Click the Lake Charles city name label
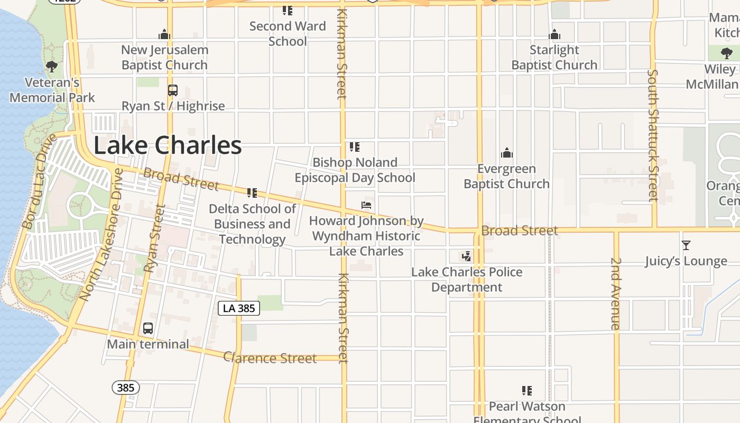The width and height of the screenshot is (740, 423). [168, 145]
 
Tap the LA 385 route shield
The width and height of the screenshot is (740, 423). [239, 308]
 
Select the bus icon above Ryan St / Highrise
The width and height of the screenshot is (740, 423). [173, 90]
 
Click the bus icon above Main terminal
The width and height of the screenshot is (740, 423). [148, 328]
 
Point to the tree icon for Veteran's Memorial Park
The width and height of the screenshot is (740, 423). [52, 67]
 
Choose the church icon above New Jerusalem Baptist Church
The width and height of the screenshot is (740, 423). [164, 35]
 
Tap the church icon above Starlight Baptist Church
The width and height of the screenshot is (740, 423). [554, 35]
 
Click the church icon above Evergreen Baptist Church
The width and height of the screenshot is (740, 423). [507, 153]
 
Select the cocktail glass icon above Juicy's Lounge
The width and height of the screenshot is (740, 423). [686, 245]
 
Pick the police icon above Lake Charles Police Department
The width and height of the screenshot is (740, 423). [466, 257]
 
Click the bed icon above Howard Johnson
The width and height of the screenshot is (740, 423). [366, 205]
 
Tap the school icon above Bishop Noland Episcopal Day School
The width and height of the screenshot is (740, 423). [355, 147]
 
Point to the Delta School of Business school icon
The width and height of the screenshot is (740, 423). [252, 193]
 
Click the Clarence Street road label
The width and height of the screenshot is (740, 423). [270, 358]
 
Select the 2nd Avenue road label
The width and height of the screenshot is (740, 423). [616, 293]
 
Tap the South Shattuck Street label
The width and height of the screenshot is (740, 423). [653, 135]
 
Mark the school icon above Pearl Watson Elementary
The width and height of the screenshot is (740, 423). [527, 391]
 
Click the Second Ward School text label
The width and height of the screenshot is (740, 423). [288, 33]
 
